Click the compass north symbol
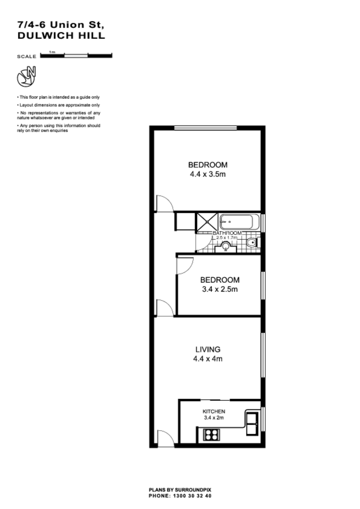coord(27,76)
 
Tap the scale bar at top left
coord(76,55)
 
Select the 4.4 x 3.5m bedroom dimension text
coord(208,174)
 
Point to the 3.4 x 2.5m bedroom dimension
coord(220,290)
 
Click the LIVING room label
coord(208,349)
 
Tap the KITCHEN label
coord(214,411)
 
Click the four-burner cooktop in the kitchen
coord(211,435)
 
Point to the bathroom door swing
coord(201,243)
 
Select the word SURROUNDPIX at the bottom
coord(196,490)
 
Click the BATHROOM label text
coord(227,233)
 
